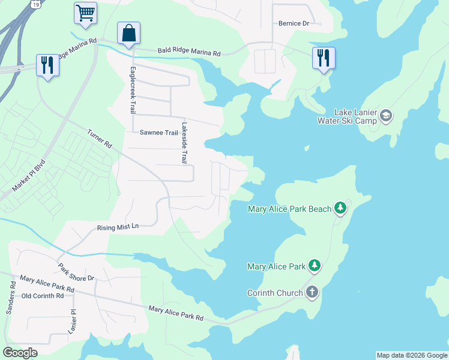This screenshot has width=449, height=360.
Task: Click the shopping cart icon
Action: click(x=86, y=13)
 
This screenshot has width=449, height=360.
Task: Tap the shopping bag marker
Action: click(x=129, y=33)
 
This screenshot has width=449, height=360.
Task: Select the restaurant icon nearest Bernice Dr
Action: click(x=324, y=58)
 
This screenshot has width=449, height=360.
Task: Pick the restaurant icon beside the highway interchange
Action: click(x=47, y=65)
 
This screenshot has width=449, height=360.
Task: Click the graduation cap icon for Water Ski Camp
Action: click(x=386, y=115)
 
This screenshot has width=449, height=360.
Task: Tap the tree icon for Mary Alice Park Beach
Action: click(x=341, y=208)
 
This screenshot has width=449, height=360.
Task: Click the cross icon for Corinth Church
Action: click(x=312, y=292)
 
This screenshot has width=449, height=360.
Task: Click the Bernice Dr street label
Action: click(x=294, y=24)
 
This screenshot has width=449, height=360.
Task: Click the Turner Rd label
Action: click(x=100, y=140)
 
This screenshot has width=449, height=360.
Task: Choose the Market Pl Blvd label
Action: click(x=29, y=175)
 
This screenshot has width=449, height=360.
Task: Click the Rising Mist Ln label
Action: click(x=118, y=228)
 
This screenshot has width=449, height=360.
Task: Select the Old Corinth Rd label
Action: click(x=43, y=296)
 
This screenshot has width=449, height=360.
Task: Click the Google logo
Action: click(x=20, y=353)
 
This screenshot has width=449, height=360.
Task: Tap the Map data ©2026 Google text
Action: click(x=412, y=355)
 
